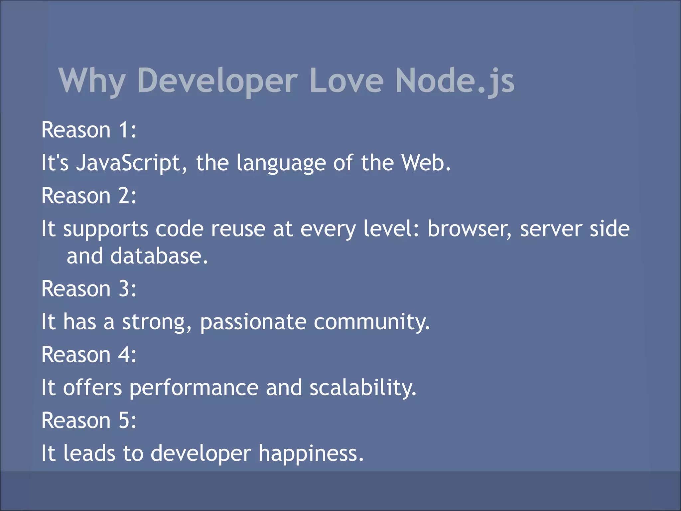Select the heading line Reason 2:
89,196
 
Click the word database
159,256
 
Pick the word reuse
238,229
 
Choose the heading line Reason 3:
89,288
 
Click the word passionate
253,322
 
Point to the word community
372,322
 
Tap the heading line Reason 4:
89,355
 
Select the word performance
194,388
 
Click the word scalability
363,388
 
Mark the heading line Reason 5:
89,421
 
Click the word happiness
311,453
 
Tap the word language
281,163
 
